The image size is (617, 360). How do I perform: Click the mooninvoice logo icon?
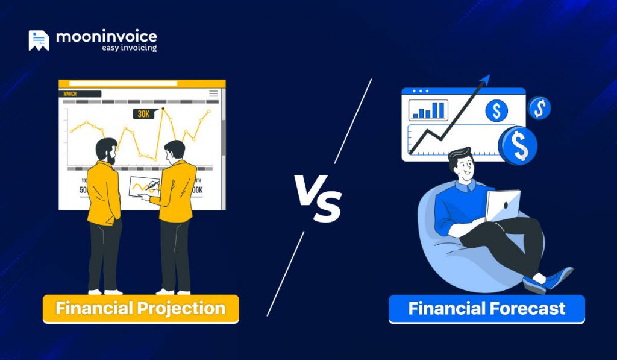pos(39,40)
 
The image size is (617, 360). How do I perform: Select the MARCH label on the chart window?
pos(70,93)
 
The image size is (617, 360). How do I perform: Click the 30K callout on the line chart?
pos(143,113)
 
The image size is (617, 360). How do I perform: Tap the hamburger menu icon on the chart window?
pos(213,93)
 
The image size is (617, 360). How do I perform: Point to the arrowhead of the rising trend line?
pos(485,79)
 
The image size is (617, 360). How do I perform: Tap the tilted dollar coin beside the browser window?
pos(539,109)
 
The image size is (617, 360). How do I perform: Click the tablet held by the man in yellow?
pos(144,185)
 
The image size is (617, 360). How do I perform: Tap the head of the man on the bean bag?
pos(461,162)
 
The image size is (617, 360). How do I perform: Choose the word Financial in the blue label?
pos(446,309)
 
